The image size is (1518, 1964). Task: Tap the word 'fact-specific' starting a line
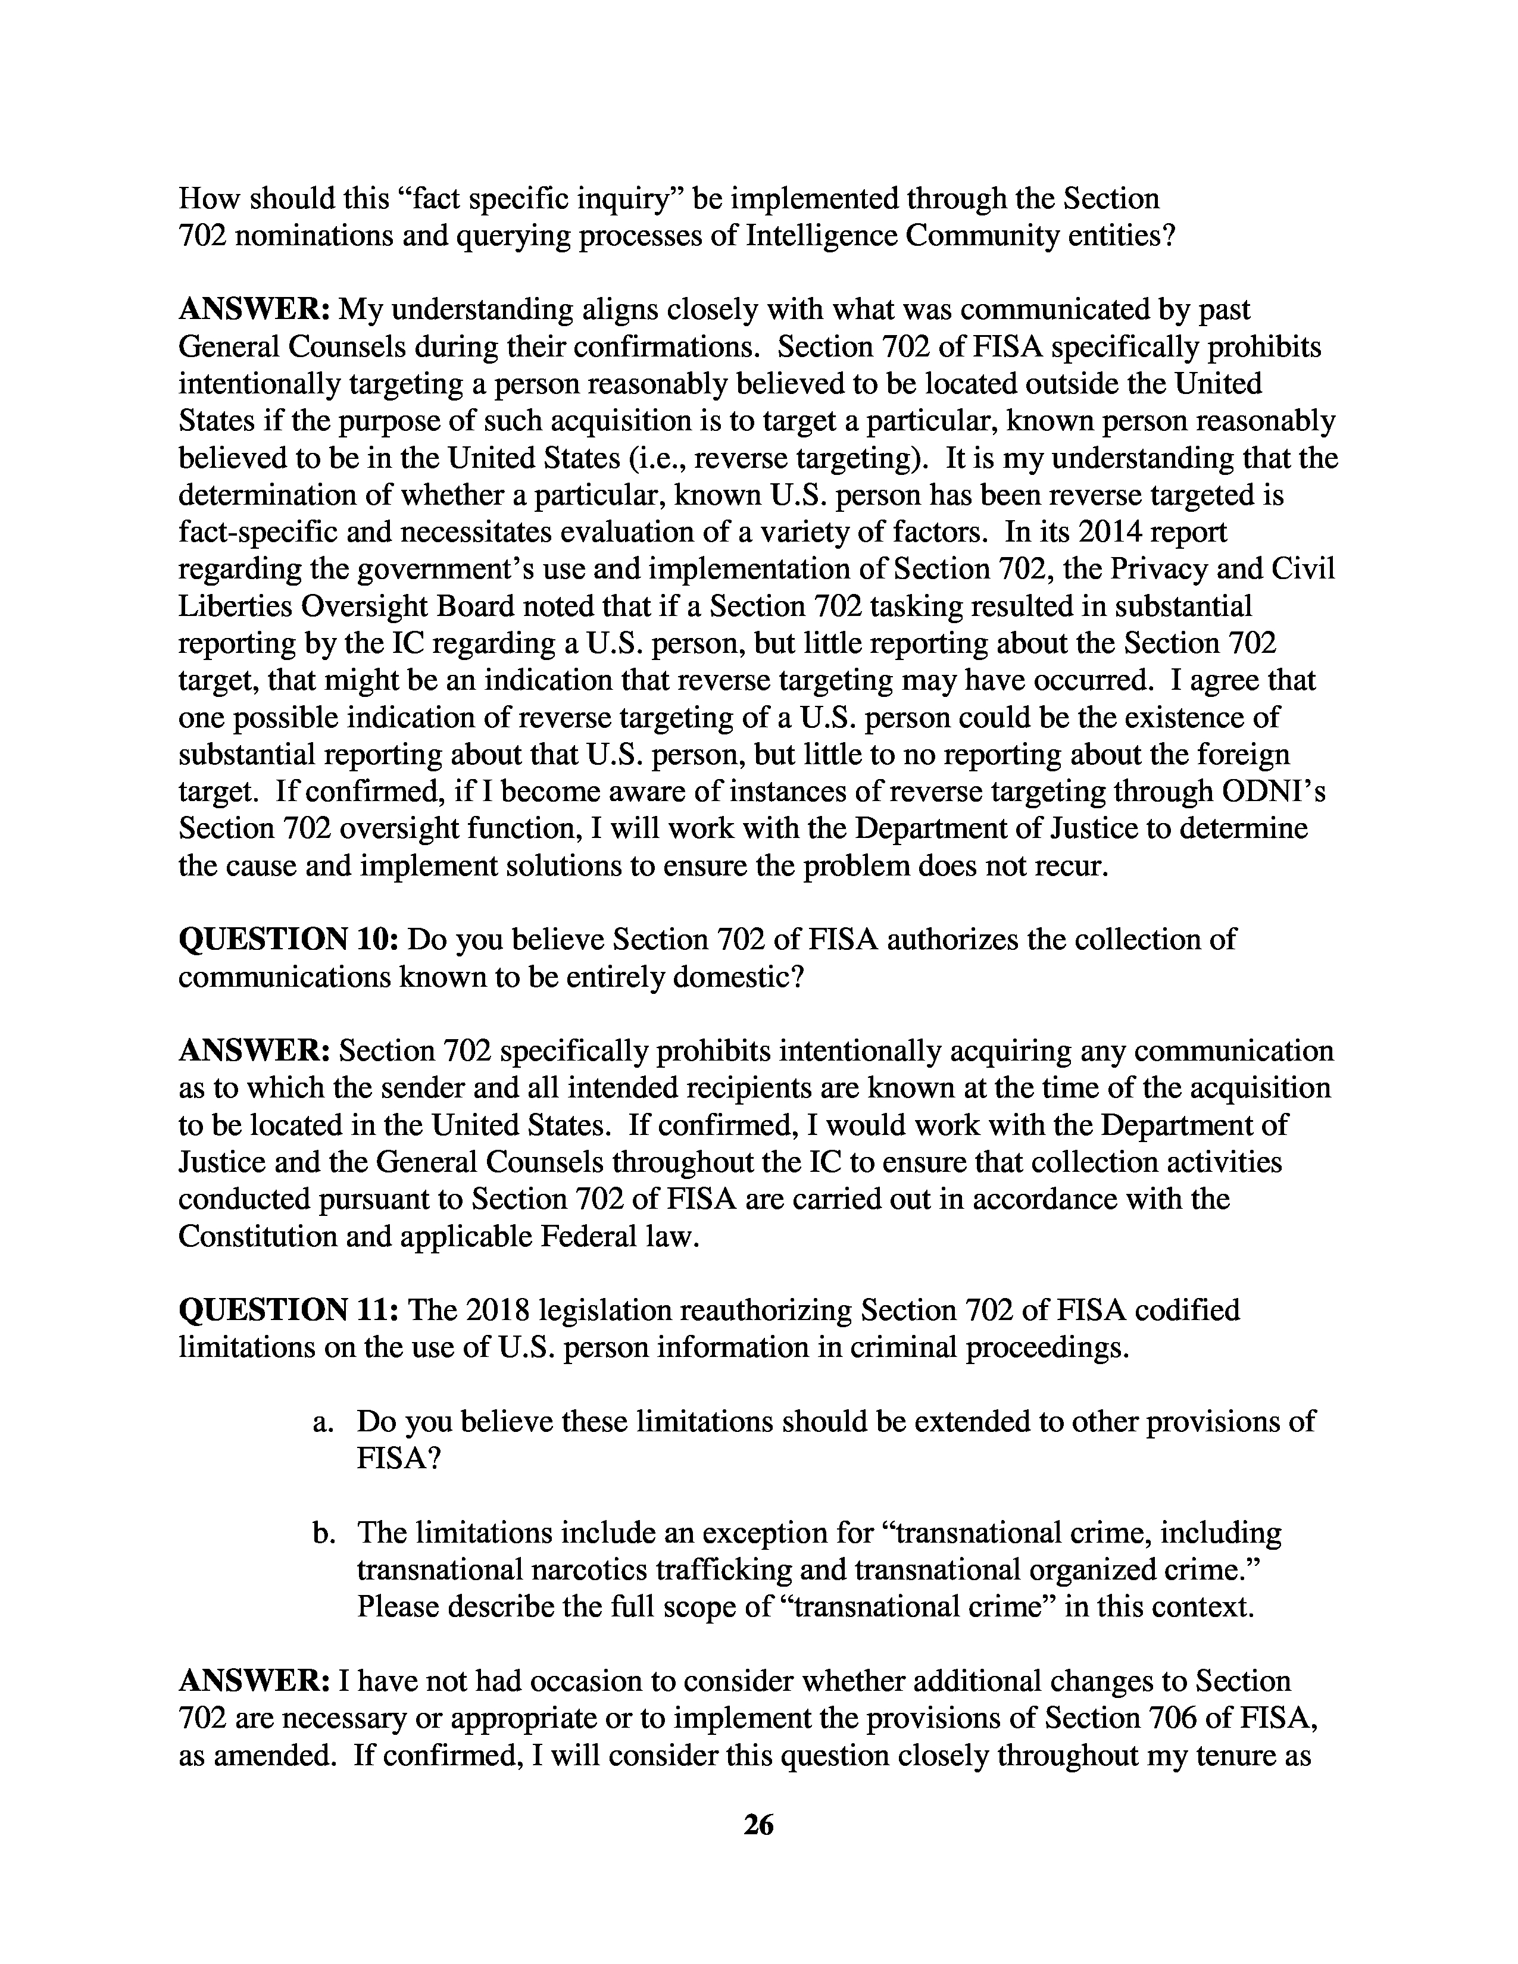[257, 533]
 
